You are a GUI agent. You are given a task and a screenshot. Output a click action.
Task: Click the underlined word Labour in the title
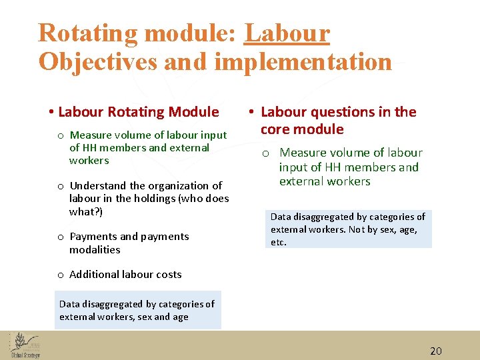[287, 33]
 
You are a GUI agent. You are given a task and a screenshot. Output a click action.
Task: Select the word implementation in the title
[303, 62]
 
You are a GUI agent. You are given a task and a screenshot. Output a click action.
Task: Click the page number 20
[436, 351]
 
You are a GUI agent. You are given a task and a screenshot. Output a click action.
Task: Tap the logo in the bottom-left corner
[25, 344]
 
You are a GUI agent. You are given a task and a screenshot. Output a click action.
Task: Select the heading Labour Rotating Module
[138, 112]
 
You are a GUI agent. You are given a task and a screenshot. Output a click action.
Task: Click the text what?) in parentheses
[86, 211]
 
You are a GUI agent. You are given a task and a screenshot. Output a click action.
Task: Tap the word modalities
[95, 249]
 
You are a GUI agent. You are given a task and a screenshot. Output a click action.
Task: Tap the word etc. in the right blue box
[279, 242]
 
